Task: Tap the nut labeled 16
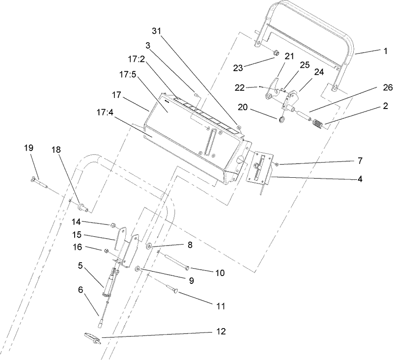click(x=107, y=251)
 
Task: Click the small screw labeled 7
click(x=277, y=163)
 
